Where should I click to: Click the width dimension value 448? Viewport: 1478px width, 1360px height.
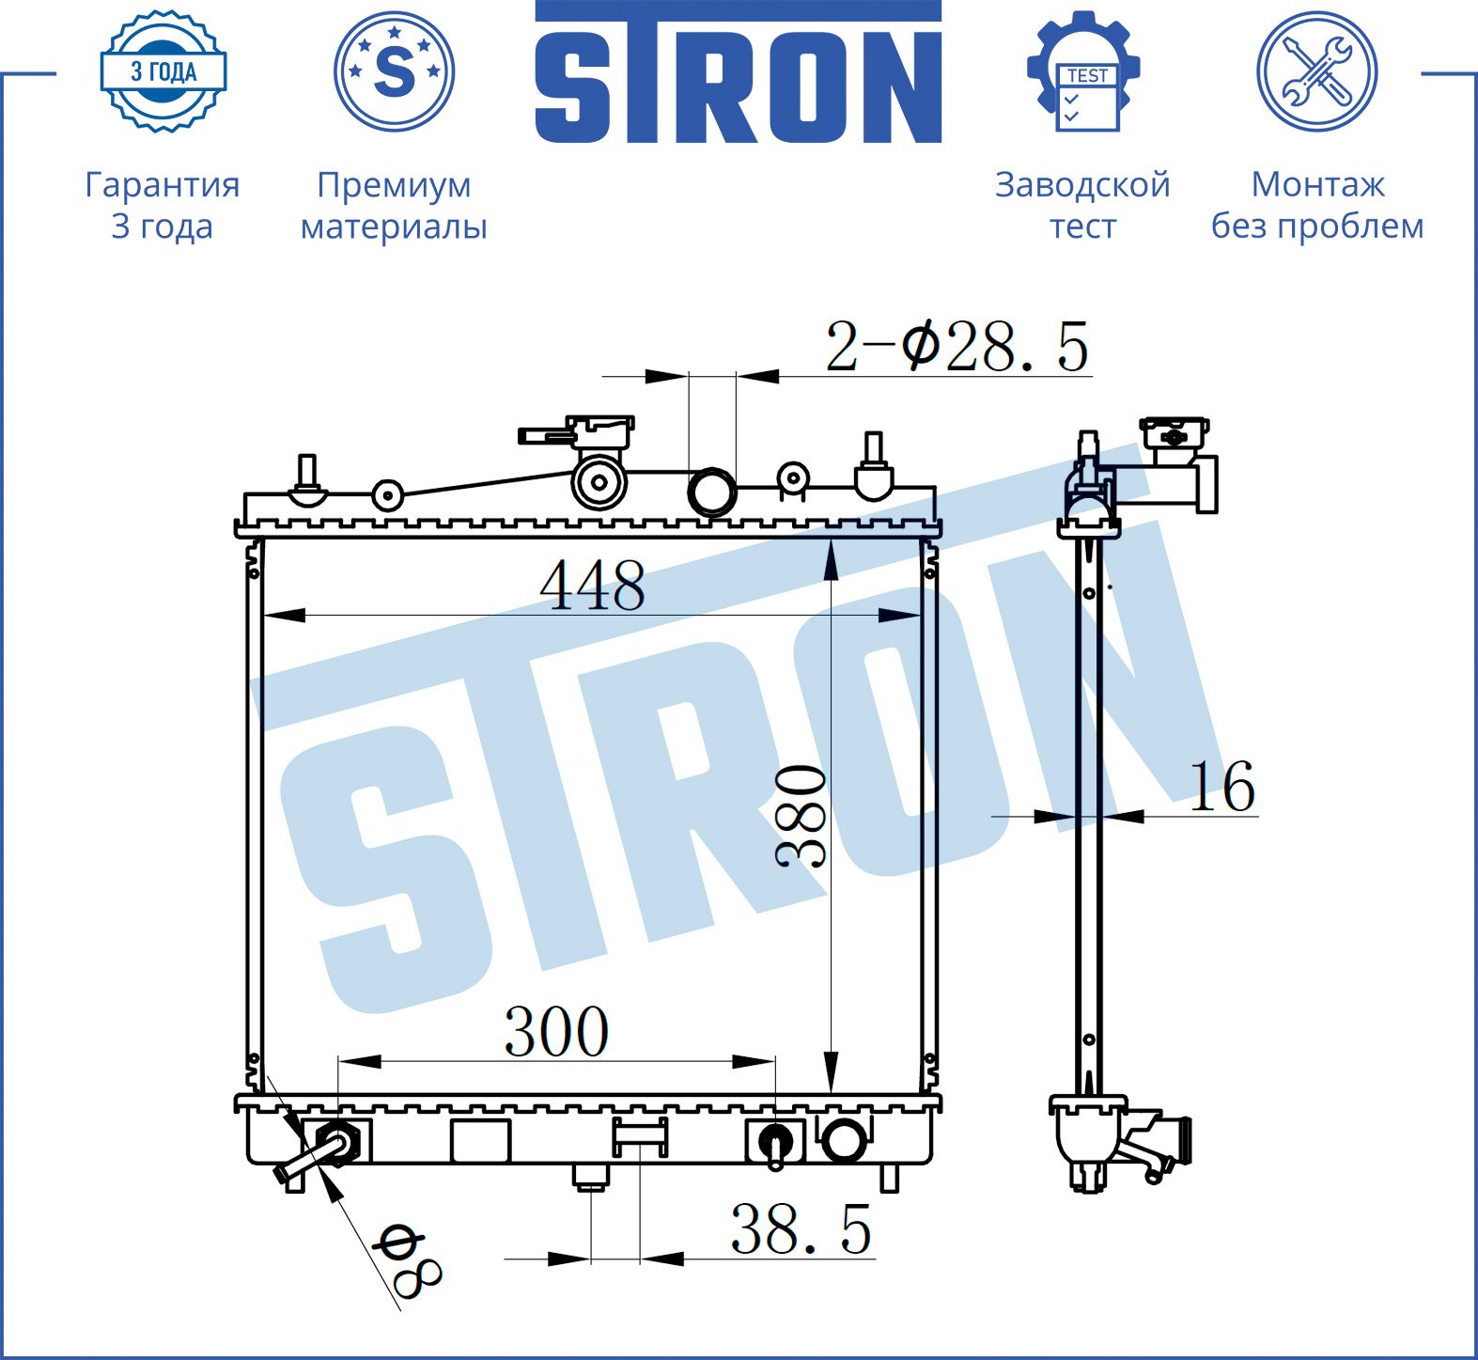[x=592, y=586]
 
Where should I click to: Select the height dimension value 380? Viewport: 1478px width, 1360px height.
[x=801, y=815]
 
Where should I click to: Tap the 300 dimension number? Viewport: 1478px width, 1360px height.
[x=556, y=1031]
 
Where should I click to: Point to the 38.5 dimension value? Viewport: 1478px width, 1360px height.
[x=801, y=1228]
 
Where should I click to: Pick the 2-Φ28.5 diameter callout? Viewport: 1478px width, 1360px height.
[x=957, y=346]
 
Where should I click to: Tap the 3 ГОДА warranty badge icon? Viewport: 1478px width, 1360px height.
[x=163, y=70]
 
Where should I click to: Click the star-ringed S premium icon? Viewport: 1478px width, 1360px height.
[x=394, y=70]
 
